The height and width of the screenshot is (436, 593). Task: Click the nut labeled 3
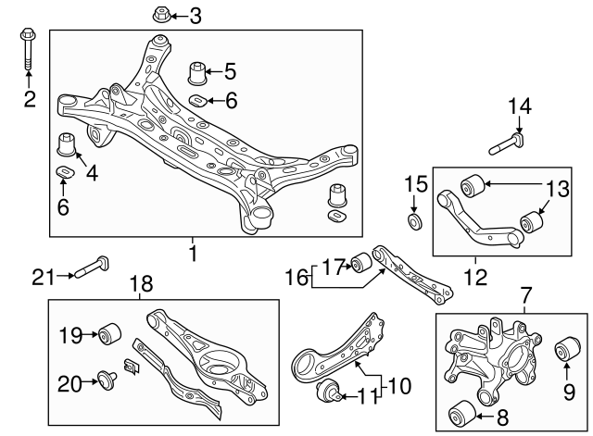158,15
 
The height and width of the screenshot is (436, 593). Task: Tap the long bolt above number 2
26,50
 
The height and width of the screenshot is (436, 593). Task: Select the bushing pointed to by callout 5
196,71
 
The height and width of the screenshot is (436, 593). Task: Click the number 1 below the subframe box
193,252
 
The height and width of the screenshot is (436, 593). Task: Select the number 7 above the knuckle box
526,296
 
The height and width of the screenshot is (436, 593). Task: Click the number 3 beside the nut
194,15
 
